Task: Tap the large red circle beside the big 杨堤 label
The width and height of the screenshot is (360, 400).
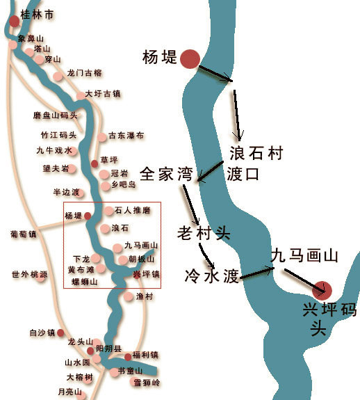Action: [x=190, y=58]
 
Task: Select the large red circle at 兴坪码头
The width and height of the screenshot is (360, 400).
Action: [x=323, y=289]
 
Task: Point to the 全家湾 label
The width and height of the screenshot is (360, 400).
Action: [x=166, y=173]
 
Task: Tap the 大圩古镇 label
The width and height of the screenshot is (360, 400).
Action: [x=102, y=94]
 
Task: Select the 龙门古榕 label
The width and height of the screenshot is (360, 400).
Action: [x=84, y=73]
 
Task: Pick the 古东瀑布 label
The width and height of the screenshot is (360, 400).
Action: [x=126, y=136]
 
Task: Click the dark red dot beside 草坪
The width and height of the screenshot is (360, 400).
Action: [x=95, y=163]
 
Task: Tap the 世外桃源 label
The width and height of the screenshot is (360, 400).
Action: [x=29, y=274]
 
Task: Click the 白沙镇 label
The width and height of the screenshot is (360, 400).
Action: [x=41, y=333]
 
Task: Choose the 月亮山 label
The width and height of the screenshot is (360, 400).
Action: [x=69, y=392]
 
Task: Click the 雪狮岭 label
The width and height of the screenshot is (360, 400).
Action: [x=147, y=382]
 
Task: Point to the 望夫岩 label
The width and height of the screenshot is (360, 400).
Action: [x=56, y=168]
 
